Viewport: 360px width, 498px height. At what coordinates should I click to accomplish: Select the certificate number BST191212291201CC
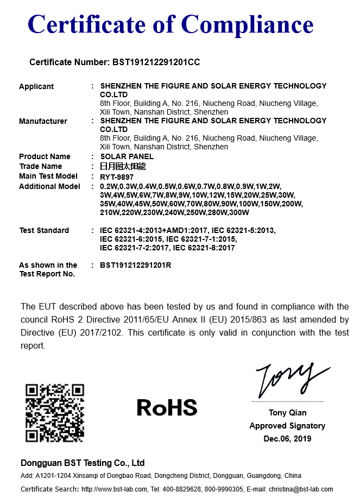[156, 62]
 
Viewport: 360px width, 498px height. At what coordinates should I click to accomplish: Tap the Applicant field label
[36, 86]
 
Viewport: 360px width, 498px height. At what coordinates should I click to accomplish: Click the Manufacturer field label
[43, 121]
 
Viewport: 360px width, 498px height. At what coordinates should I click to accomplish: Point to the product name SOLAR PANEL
[127, 157]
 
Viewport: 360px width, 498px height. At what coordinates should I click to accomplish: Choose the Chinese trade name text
[123, 167]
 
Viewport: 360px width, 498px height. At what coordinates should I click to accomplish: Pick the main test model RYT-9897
[117, 176]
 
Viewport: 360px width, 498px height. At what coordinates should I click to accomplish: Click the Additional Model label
[49, 186]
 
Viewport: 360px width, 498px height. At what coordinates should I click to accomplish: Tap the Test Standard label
[44, 230]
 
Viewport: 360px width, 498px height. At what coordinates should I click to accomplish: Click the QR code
[55, 413]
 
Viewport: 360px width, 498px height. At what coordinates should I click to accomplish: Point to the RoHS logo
[167, 407]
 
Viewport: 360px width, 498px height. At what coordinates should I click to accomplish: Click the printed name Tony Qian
[287, 413]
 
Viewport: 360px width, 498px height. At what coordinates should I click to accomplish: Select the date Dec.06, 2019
[287, 439]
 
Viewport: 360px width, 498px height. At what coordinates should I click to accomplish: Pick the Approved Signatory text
[287, 426]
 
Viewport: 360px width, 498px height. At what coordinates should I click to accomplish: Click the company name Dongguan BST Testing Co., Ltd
[83, 463]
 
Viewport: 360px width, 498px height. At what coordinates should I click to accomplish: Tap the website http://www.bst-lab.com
[113, 489]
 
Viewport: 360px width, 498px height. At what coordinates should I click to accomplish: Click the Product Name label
[45, 157]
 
